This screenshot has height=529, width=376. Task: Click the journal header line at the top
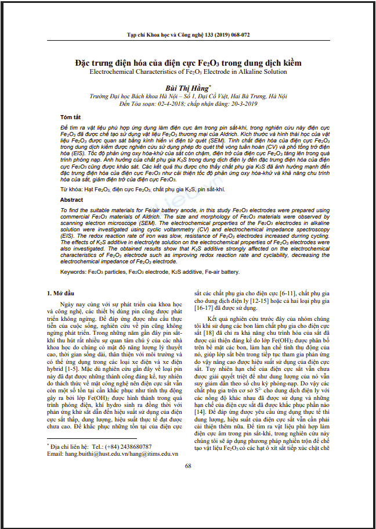pos(188,35)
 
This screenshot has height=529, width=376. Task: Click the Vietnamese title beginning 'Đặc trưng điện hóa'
pos(188,62)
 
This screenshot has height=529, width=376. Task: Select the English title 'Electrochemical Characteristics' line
pos(188,72)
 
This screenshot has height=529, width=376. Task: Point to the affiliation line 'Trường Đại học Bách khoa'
pos(188,95)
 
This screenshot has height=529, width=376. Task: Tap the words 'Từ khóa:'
pos(71,190)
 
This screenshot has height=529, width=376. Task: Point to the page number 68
pos(188,482)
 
